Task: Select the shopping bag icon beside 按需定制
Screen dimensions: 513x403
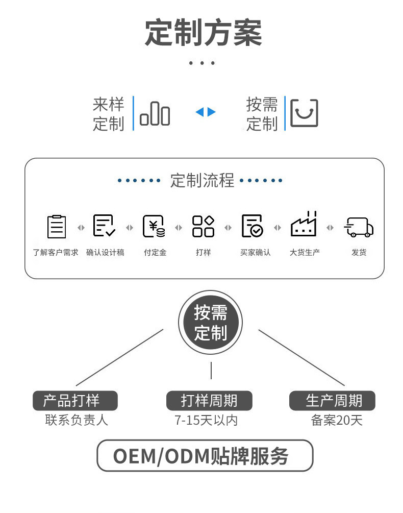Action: (x=304, y=113)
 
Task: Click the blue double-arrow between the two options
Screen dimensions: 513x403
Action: (x=206, y=112)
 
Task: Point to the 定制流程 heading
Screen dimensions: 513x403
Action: (x=202, y=180)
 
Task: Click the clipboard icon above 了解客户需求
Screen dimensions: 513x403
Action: (x=57, y=227)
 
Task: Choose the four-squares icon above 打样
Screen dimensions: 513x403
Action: (x=203, y=227)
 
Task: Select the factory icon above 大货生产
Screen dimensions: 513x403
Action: (x=304, y=225)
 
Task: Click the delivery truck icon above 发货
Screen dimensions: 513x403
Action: (x=359, y=227)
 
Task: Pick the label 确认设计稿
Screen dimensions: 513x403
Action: (x=105, y=252)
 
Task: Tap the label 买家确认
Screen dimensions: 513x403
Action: (x=255, y=252)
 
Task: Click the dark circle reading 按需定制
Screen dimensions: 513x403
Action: (x=210, y=323)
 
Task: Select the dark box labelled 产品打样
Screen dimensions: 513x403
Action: (x=75, y=401)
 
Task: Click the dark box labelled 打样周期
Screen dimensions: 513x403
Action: (x=209, y=401)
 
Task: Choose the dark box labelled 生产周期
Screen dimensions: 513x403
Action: (x=333, y=401)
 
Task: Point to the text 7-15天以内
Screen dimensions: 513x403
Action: (x=206, y=421)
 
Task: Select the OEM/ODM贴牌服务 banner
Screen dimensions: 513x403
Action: (x=205, y=455)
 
